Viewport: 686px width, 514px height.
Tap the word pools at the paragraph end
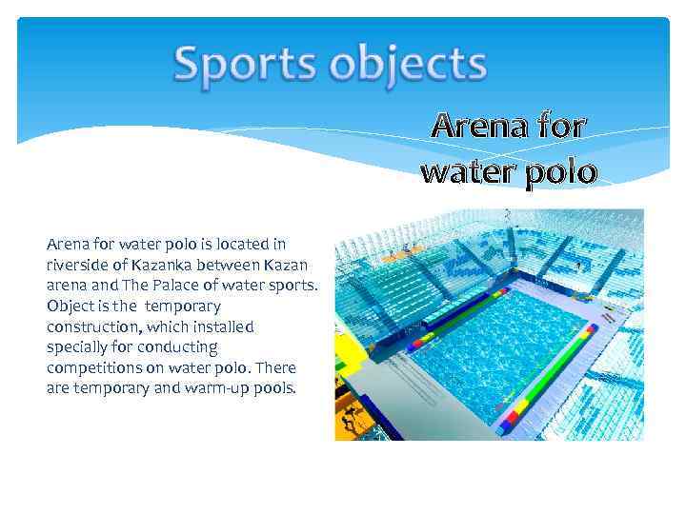(x=275, y=388)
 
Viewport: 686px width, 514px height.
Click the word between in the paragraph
(x=232, y=265)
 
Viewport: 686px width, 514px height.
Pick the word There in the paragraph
(x=277, y=368)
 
